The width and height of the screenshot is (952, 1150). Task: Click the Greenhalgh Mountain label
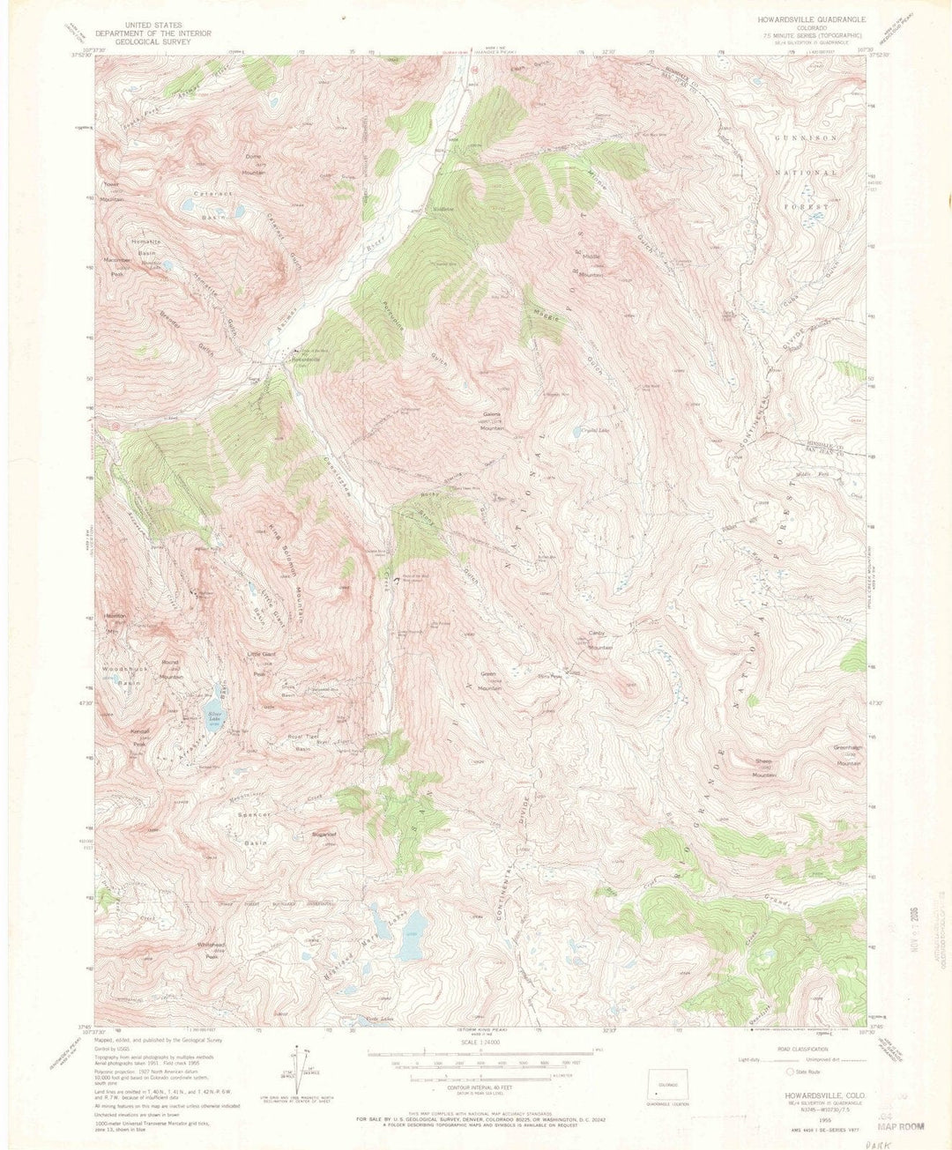847,757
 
